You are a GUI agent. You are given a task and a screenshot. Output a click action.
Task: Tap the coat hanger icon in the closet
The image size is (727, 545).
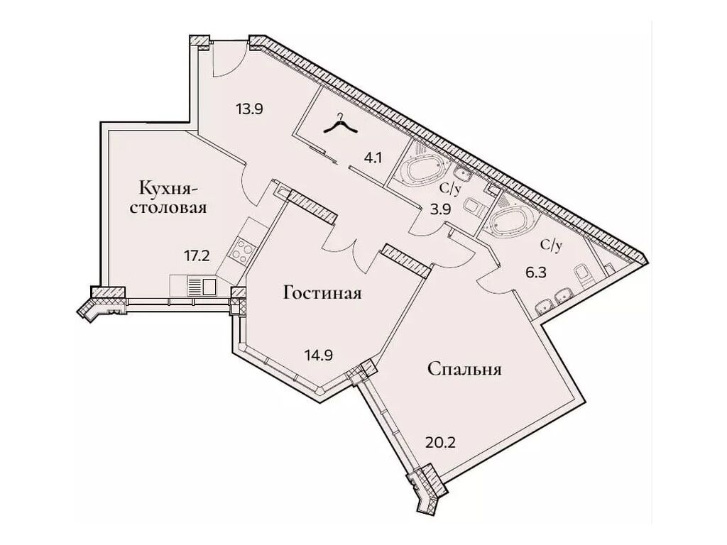[x=341, y=125]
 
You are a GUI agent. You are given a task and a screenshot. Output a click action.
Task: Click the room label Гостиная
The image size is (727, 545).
[x=323, y=294]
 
